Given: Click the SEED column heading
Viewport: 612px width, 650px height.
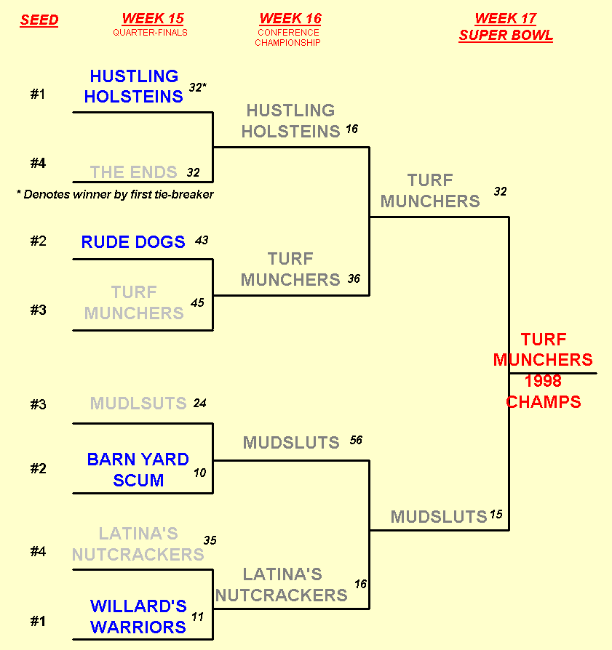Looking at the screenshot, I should point(39,20).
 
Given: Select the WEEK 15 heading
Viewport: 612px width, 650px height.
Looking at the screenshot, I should point(153,19).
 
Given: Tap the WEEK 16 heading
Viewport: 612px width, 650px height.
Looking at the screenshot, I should point(290,19).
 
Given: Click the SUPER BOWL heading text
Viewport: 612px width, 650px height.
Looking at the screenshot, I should point(506,36).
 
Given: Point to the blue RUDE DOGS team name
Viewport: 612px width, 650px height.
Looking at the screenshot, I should point(133,242).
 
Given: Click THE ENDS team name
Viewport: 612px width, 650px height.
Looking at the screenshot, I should point(134,172).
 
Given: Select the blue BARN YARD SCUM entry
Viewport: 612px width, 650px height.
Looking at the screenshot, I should point(138,470).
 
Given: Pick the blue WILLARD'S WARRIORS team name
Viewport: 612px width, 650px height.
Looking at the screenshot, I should point(138,617).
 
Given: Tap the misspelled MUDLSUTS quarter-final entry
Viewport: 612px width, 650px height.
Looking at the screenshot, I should point(138,404).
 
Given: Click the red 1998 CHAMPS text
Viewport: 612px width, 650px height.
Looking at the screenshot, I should point(544,391).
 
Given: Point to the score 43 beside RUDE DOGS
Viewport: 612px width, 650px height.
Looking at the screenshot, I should point(202,240).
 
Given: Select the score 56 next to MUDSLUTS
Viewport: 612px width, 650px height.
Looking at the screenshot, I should point(356,440).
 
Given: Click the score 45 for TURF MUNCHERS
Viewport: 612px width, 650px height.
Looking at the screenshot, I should point(197,303).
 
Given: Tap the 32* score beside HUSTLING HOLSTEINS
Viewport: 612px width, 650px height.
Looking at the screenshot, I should point(198,87).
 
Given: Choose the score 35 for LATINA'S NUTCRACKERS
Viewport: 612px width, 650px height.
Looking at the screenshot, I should point(210,540).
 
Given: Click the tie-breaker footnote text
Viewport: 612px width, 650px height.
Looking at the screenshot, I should point(115,195).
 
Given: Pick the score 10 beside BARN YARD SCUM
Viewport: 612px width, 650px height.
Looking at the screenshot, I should point(200,473).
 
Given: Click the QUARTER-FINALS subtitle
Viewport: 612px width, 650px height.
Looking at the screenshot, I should point(150,33).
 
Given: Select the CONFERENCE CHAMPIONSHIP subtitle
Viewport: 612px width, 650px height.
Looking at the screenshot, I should point(287,38).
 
